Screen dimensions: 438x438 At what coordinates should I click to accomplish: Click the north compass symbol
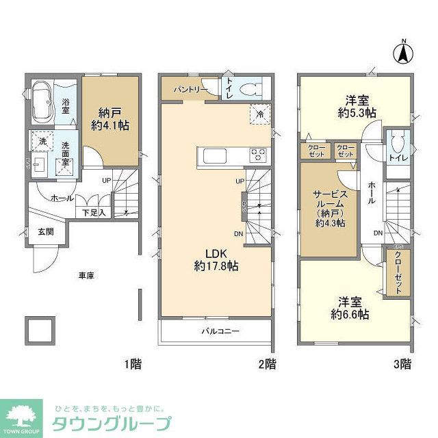tap(404, 52)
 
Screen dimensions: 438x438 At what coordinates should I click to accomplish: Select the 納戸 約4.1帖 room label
tap(109, 119)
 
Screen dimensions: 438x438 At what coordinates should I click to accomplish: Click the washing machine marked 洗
tap(38, 140)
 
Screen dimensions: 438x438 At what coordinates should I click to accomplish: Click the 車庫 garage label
tap(86, 275)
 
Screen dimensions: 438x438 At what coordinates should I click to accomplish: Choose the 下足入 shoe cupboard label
tap(94, 213)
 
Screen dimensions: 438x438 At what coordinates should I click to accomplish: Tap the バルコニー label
tap(219, 331)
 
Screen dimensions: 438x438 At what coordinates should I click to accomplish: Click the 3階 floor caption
tap(402, 363)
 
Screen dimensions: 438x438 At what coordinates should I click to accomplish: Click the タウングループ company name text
tap(113, 422)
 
